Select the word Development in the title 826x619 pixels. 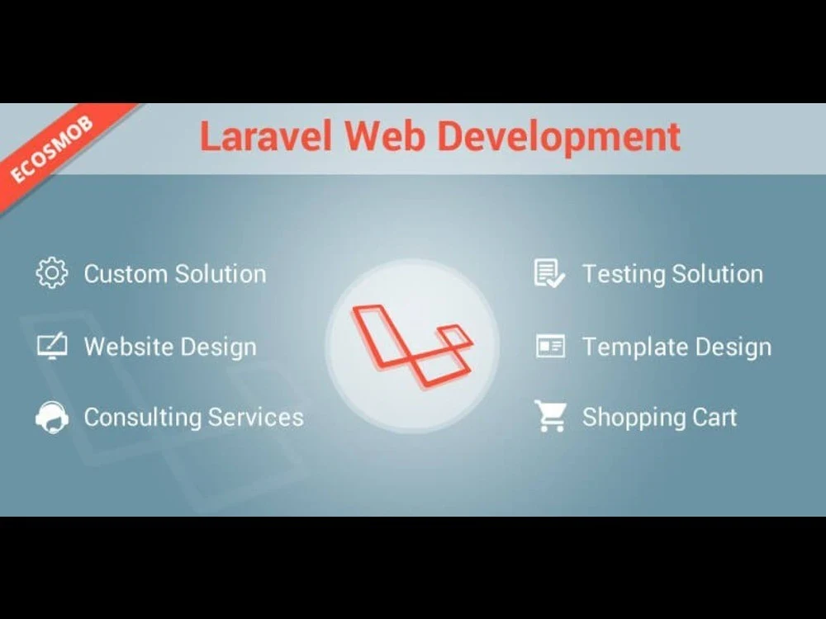coord(559,138)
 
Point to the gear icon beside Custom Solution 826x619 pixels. coord(52,273)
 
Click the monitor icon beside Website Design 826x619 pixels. coord(52,346)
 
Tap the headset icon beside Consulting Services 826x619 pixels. coord(52,417)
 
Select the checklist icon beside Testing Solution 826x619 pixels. coord(550,273)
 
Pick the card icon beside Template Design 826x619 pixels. coord(550,346)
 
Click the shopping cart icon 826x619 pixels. coord(550,417)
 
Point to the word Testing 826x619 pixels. coord(624,274)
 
